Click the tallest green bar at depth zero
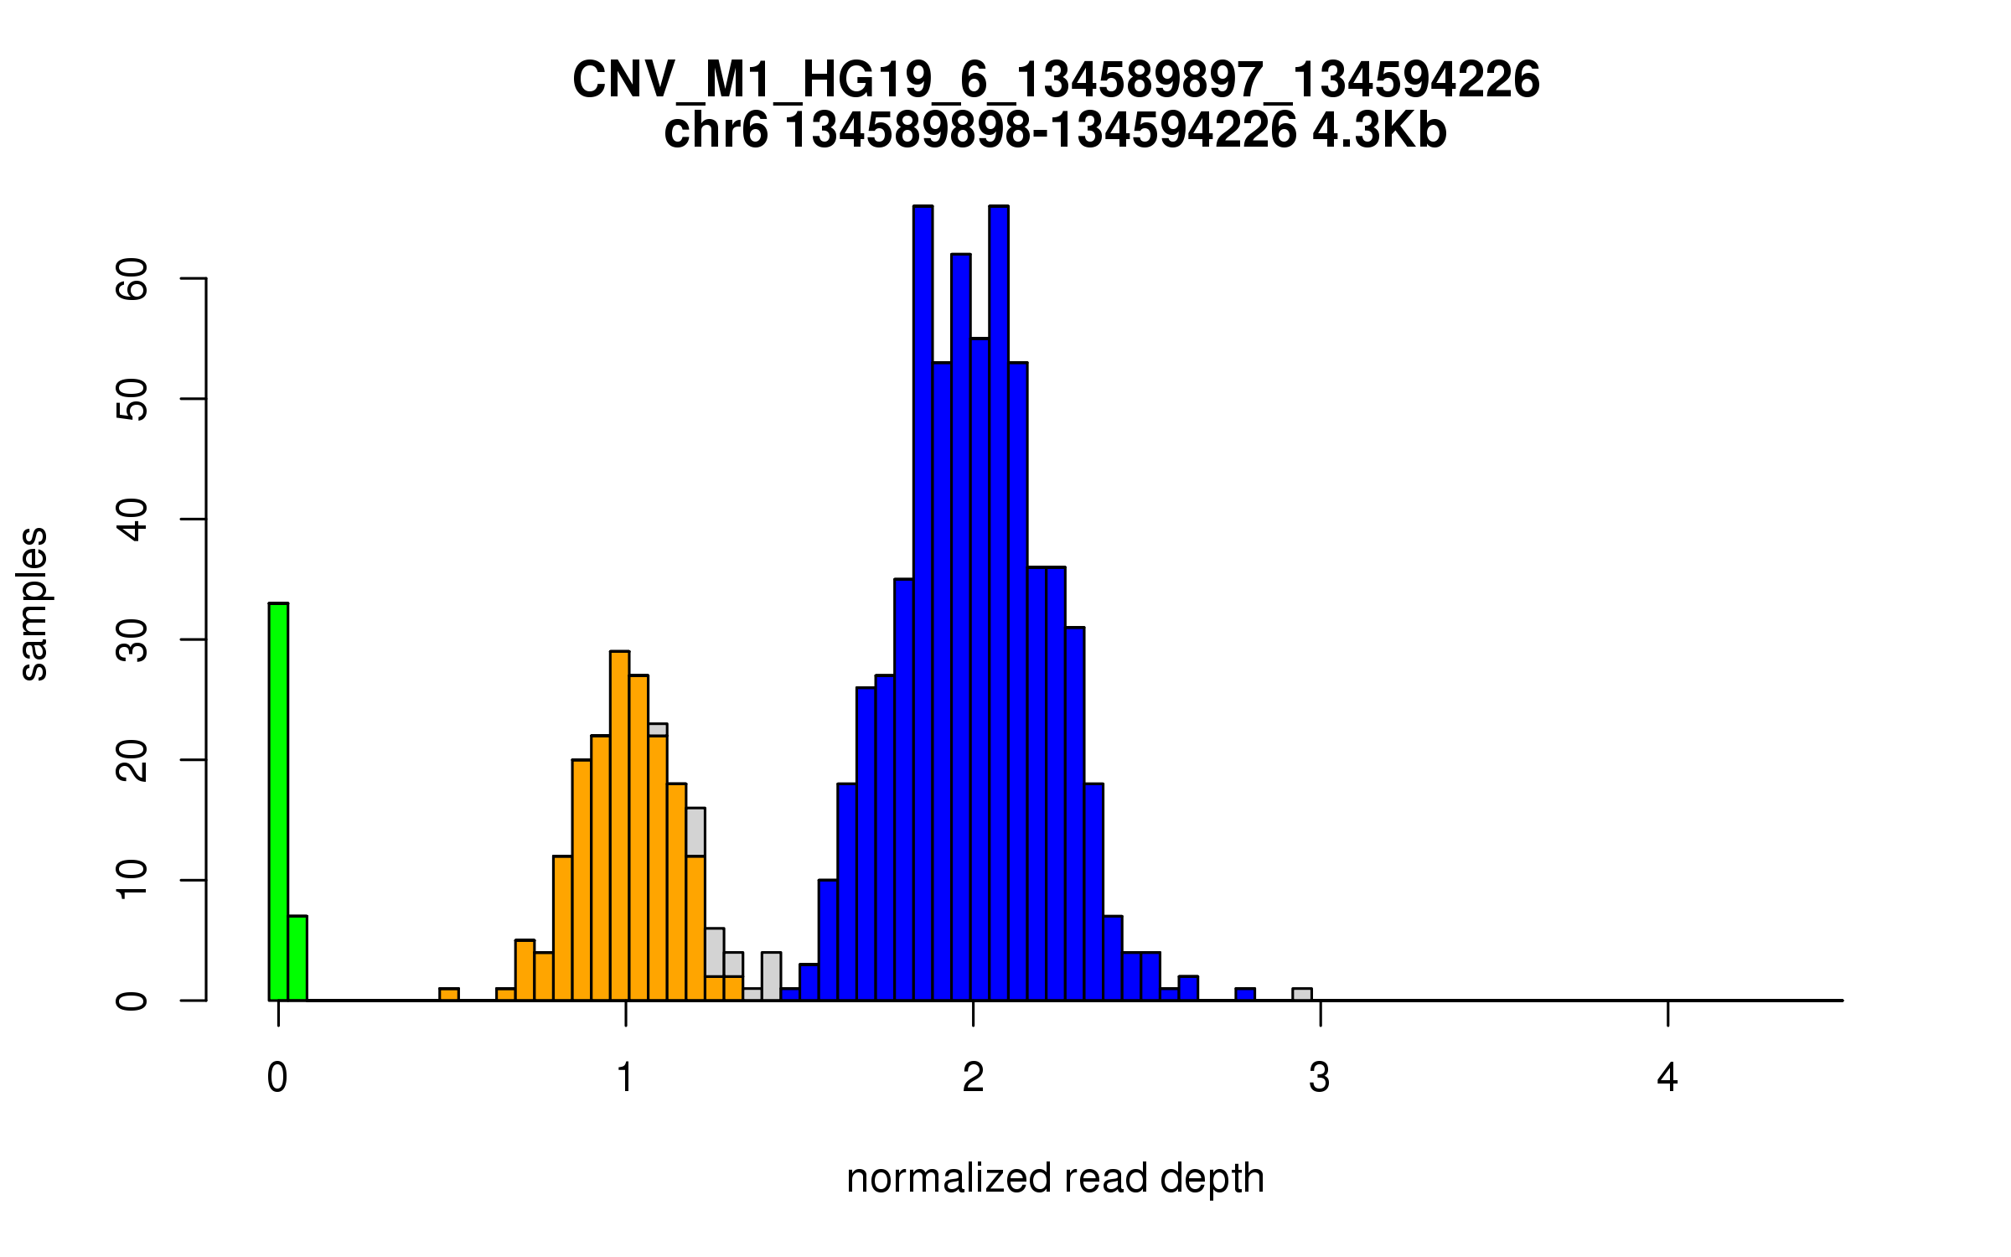[x=278, y=800]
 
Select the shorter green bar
[x=297, y=958]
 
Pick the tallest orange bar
[x=619, y=825]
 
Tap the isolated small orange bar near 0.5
[x=449, y=995]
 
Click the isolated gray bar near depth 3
[x=1301, y=995]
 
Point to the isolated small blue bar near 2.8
[x=1245, y=995]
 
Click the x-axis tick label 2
[x=973, y=1078]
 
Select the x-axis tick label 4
[x=1667, y=1078]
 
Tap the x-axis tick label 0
[x=277, y=1078]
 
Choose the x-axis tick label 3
[x=1320, y=1078]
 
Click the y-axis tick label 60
[x=132, y=278]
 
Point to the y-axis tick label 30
[x=132, y=640]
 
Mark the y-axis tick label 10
[x=132, y=880]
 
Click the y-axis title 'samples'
[x=34, y=603]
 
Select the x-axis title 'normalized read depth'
[x=1055, y=1178]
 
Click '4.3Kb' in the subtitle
[x=1379, y=131]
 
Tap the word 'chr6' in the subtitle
[x=716, y=131]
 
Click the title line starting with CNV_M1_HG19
[x=1056, y=80]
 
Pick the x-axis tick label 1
[x=625, y=1078]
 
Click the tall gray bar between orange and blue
[x=771, y=976]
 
